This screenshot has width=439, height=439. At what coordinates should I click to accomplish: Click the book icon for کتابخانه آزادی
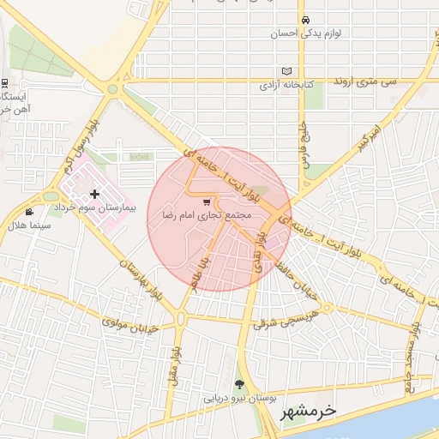pos(286,71)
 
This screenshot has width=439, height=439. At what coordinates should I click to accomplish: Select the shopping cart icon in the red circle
pos(207,202)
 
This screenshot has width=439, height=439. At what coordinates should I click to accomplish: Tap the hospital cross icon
pos(94,195)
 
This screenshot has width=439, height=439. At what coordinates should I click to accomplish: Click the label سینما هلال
pos(28,226)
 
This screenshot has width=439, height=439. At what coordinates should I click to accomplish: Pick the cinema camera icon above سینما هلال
pos(30,212)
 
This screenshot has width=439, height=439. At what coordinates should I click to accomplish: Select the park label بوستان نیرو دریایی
pos(238,399)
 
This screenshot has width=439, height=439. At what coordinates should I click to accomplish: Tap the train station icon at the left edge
pos(5,84)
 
